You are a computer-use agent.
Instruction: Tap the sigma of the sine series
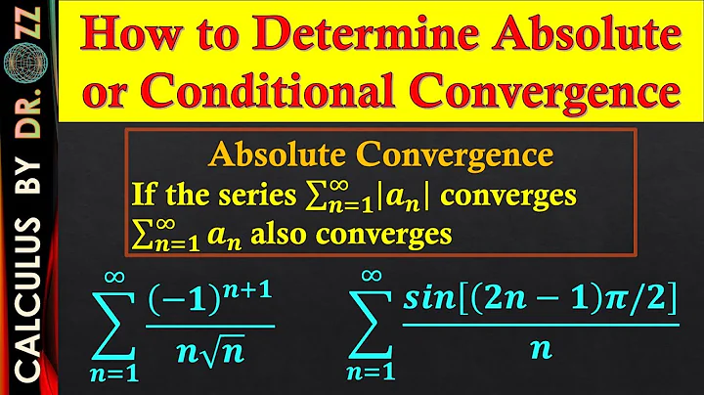378,319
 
